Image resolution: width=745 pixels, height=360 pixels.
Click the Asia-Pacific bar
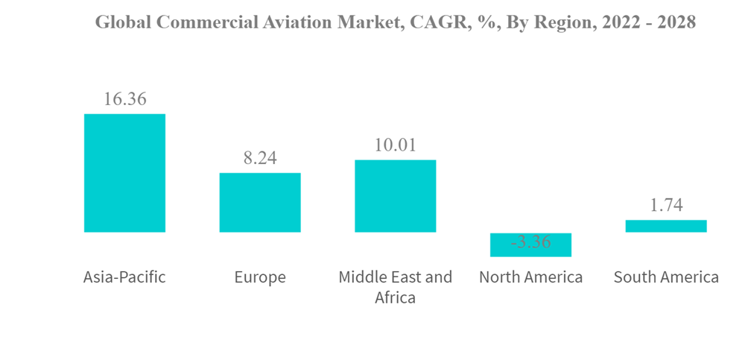point(124,172)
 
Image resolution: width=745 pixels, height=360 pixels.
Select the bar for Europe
point(259,202)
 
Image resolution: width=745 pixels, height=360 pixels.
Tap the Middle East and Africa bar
point(395,195)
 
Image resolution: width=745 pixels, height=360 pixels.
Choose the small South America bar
point(666,226)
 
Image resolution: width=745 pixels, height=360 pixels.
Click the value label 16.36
point(124,99)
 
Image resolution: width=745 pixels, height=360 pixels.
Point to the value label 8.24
point(259,159)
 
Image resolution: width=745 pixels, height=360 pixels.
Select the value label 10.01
point(395,145)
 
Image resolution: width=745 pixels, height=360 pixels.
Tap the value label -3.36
point(530,243)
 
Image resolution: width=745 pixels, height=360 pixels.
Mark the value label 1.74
point(666,206)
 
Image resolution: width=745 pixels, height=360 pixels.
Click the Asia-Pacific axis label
point(124,278)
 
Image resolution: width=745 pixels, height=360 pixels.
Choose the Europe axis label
point(259,278)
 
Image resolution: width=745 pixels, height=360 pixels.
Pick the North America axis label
point(530,278)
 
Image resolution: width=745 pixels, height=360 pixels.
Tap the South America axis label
point(666,278)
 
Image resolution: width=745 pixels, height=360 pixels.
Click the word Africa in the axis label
point(396,297)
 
